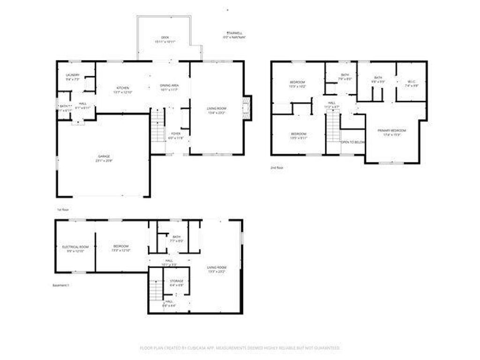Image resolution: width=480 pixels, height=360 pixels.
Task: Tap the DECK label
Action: click(x=165, y=37)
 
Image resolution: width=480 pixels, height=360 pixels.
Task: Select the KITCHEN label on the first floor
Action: click(x=123, y=88)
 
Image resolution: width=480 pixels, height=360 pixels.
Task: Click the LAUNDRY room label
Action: click(x=73, y=75)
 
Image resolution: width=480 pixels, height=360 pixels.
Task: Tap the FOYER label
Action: click(x=176, y=134)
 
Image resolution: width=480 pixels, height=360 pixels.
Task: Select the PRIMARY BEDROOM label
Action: click(x=392, y=130)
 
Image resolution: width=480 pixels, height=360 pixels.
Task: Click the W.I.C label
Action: click(x=411, y=82)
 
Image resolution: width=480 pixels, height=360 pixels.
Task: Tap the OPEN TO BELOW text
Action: click(x=353, y=142)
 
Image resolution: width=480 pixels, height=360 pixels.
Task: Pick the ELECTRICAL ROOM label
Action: click(x=75, y=247)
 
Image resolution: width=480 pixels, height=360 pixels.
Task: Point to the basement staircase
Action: click(x=156, y=289)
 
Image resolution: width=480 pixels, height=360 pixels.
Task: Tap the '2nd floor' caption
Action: click(x=277, y=167)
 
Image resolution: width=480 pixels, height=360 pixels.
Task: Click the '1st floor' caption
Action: click(x=63, y=210)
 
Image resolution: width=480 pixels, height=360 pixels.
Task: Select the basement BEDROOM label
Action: click(x=121, y=246)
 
